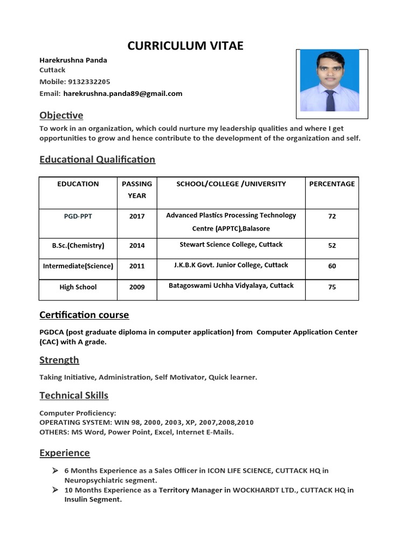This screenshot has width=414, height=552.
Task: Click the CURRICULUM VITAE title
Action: coord(185,46)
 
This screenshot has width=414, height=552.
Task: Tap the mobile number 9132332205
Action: coord(88,82)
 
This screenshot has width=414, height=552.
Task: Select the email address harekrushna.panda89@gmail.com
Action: coord(123,93)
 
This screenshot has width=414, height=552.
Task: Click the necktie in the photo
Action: coord(329,100)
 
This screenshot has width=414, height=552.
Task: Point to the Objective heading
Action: coord(61,115)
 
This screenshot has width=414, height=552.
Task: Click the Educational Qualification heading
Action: coord(98,160)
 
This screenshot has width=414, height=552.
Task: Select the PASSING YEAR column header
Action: coord(137,190)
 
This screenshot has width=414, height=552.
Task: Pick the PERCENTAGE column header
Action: coord(332,184)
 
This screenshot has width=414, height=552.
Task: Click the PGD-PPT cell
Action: coord(78,216)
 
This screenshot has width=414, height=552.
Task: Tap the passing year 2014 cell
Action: coord(137,245)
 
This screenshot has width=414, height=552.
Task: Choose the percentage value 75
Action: coord(332,287)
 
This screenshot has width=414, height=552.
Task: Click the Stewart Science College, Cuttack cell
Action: coord(231,245)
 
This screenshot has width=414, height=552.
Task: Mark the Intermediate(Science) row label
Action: coord(78,266)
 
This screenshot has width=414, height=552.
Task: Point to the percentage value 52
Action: coord(332,245)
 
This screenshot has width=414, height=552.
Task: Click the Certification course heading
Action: coord(85,315)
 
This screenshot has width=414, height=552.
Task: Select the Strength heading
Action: coord(59,360)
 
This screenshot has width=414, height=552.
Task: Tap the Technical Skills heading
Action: coord(74,396)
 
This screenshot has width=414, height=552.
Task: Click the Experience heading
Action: coord(65,453)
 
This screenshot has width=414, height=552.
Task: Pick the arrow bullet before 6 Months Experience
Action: coord(55,471)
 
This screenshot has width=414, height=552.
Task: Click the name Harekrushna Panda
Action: coord(73,60)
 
